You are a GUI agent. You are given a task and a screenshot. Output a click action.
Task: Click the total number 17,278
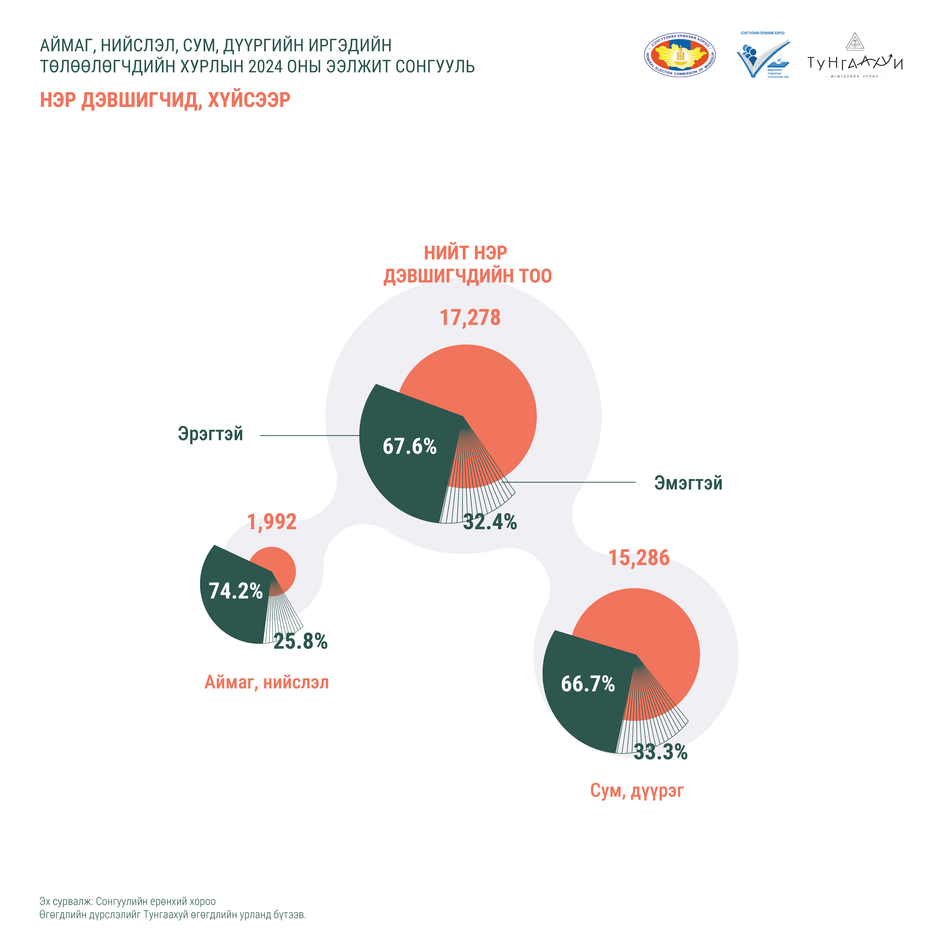pyautogui.click(x=470, y=318)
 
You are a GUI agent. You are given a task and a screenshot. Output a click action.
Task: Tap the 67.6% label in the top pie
pyautogui.click(x=410, y=446)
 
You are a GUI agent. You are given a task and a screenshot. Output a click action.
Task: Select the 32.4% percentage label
pyautogui.click(x=490, y=522)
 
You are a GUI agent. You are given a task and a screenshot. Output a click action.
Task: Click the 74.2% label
pyautogui.click(x=235, y=591)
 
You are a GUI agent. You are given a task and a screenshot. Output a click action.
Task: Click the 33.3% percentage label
pyautogui.click(x=661, y=752)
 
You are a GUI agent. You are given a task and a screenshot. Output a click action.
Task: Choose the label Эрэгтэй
pyautogui.click(x=211, y=434)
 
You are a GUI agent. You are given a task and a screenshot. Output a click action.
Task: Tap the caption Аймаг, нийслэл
pyautogui.click(x=267, y=682)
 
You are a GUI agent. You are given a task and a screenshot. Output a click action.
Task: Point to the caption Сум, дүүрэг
pyautogui.click(x=637, y=790)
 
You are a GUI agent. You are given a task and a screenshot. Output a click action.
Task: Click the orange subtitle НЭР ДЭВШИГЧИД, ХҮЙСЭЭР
pyautogui.click(x=165, y=100)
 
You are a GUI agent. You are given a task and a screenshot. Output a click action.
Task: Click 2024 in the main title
pyautogui.click(x=265, y=66)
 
